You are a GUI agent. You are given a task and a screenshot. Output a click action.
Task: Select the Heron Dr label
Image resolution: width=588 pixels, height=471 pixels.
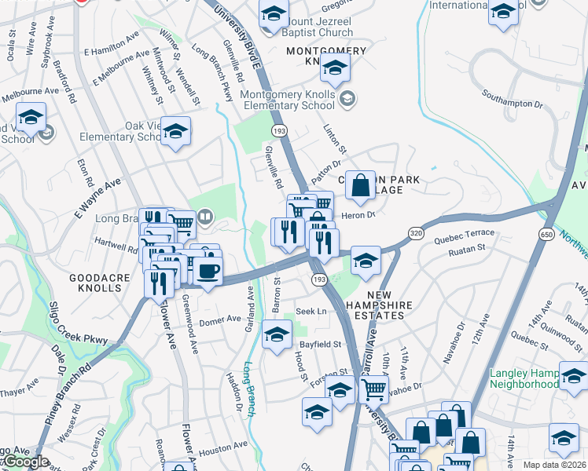(x=359, y=214)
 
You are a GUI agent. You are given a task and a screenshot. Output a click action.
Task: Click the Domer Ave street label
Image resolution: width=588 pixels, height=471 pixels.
(x=219, y=319)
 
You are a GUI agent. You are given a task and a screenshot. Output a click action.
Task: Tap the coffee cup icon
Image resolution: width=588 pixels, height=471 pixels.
(x=208, y=272)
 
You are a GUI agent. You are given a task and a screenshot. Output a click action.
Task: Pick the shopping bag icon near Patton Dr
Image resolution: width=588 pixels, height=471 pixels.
(x=360, y=185)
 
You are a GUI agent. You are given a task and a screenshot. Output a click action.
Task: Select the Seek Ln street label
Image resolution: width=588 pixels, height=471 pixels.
(x=311, y=312)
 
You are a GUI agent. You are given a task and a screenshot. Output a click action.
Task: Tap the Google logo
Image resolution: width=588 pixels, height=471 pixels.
(x=25, y=462)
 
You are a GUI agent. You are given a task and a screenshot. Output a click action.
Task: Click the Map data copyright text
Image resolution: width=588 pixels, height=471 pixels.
(x=555, y=465)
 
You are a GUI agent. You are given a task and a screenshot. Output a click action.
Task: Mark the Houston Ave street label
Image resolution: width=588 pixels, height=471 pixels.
(x=222, y=449)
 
